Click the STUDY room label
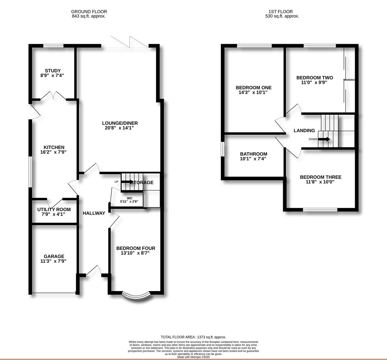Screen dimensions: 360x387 coord(53,71)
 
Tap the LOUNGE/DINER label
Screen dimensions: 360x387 coord(120,123)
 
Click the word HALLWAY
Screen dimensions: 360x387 coord(94,213)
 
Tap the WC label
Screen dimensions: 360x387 coord(130,198)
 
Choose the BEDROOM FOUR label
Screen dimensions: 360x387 coord(135,248)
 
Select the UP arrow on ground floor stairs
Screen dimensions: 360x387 coord(126,182)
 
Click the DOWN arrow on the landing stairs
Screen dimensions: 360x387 coord(324,139)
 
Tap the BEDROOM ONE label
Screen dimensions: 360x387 coord(253,88)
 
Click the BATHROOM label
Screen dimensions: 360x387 coord(253,154)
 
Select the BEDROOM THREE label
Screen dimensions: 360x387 coord(321,177)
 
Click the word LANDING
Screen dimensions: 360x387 coord(304,131)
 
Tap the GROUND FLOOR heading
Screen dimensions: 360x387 coord(89,12)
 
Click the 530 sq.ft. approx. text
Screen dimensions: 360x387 coord(282,16)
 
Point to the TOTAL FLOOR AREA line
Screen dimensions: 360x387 coord(193,337)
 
